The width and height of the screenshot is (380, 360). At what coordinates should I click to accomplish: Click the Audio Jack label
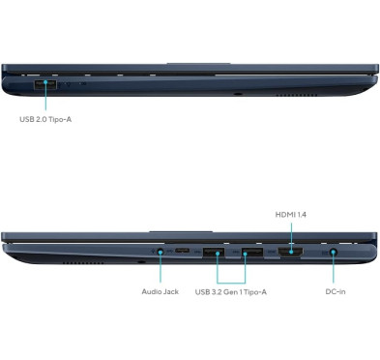pos(160,290)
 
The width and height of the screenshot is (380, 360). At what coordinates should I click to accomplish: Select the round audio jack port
pos(157,254)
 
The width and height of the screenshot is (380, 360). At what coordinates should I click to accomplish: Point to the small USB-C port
pos(182,254)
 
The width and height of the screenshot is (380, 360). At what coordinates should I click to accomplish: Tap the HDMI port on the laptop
pos(290,254)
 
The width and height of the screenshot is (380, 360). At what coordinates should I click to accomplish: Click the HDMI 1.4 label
pos(297,213)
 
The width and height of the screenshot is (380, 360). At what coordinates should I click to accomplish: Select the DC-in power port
pos(333,254)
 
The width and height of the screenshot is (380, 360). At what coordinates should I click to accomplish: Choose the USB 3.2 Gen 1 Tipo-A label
pos(232,290)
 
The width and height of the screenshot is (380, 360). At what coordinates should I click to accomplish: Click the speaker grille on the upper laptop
pos(289,97)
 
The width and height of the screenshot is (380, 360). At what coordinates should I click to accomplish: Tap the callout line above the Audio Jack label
pos(157,271)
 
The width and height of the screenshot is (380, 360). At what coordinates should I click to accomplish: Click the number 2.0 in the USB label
pos(45,121)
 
